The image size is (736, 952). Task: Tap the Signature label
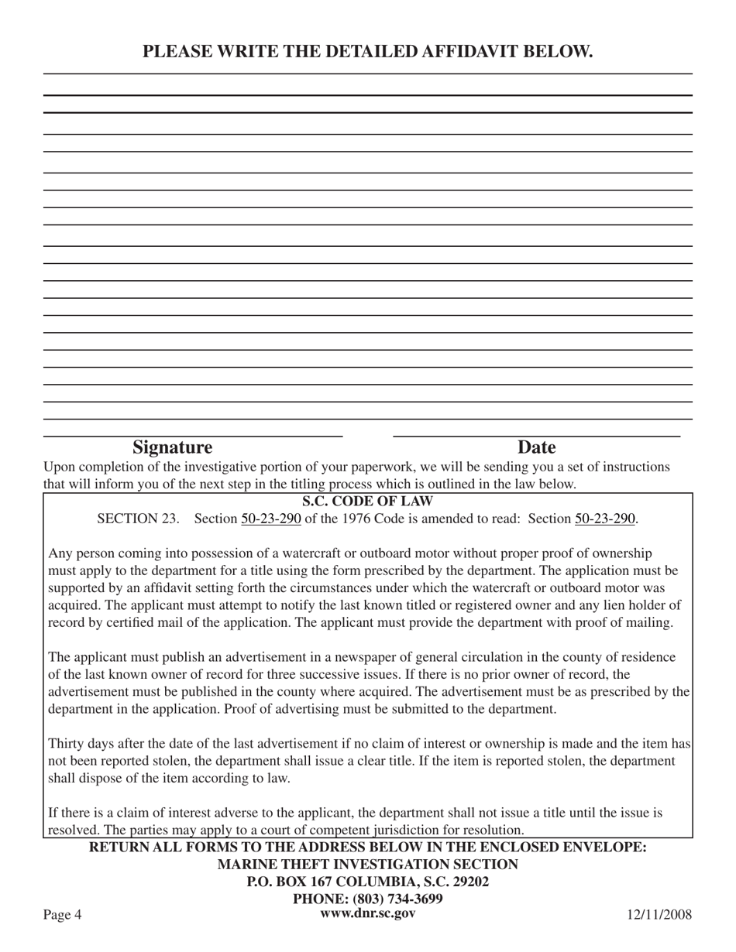172,447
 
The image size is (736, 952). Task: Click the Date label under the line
536,447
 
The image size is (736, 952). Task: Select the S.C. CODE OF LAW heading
367,502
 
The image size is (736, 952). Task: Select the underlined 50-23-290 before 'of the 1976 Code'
270,519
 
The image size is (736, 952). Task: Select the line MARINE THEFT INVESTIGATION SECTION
367,865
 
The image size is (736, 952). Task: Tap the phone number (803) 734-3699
397,899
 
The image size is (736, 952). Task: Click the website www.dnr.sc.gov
367,913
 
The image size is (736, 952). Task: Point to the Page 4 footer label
62,916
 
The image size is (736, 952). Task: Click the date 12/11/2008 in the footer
659,916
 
